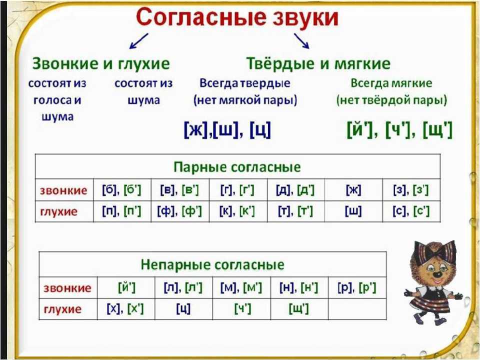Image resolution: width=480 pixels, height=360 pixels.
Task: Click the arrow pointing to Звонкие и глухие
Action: [x=138, y=41]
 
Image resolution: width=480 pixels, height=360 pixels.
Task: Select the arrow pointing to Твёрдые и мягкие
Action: [x=301, y=40]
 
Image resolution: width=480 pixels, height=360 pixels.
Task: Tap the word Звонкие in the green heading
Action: [x=65, y=63]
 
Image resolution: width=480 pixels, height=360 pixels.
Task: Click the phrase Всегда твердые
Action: [x=245, y=83]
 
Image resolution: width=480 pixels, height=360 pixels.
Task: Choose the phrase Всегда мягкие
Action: [x=391, y=83]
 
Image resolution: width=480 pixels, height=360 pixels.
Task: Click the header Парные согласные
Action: [x=237, y=167]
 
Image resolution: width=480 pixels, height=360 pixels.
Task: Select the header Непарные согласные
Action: [x=212, y=264]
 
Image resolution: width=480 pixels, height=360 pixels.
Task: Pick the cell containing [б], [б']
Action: [x=122, y=190]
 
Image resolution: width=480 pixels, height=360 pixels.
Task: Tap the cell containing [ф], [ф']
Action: [x=180, y=211]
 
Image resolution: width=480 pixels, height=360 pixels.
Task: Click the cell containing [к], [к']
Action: [x=238, y=211]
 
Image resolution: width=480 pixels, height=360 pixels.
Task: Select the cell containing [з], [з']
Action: [x=411, y=190]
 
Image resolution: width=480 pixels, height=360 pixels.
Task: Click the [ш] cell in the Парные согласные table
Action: [x=353, y=211]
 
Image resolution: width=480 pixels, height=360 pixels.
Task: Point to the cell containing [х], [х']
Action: [x=126, y=309]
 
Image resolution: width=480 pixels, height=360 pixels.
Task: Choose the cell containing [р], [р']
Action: [x=357, y=288]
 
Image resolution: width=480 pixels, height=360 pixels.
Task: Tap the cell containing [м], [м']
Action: [x=241, y=288]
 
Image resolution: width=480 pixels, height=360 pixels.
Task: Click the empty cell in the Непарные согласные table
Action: [x=357, y=309]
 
